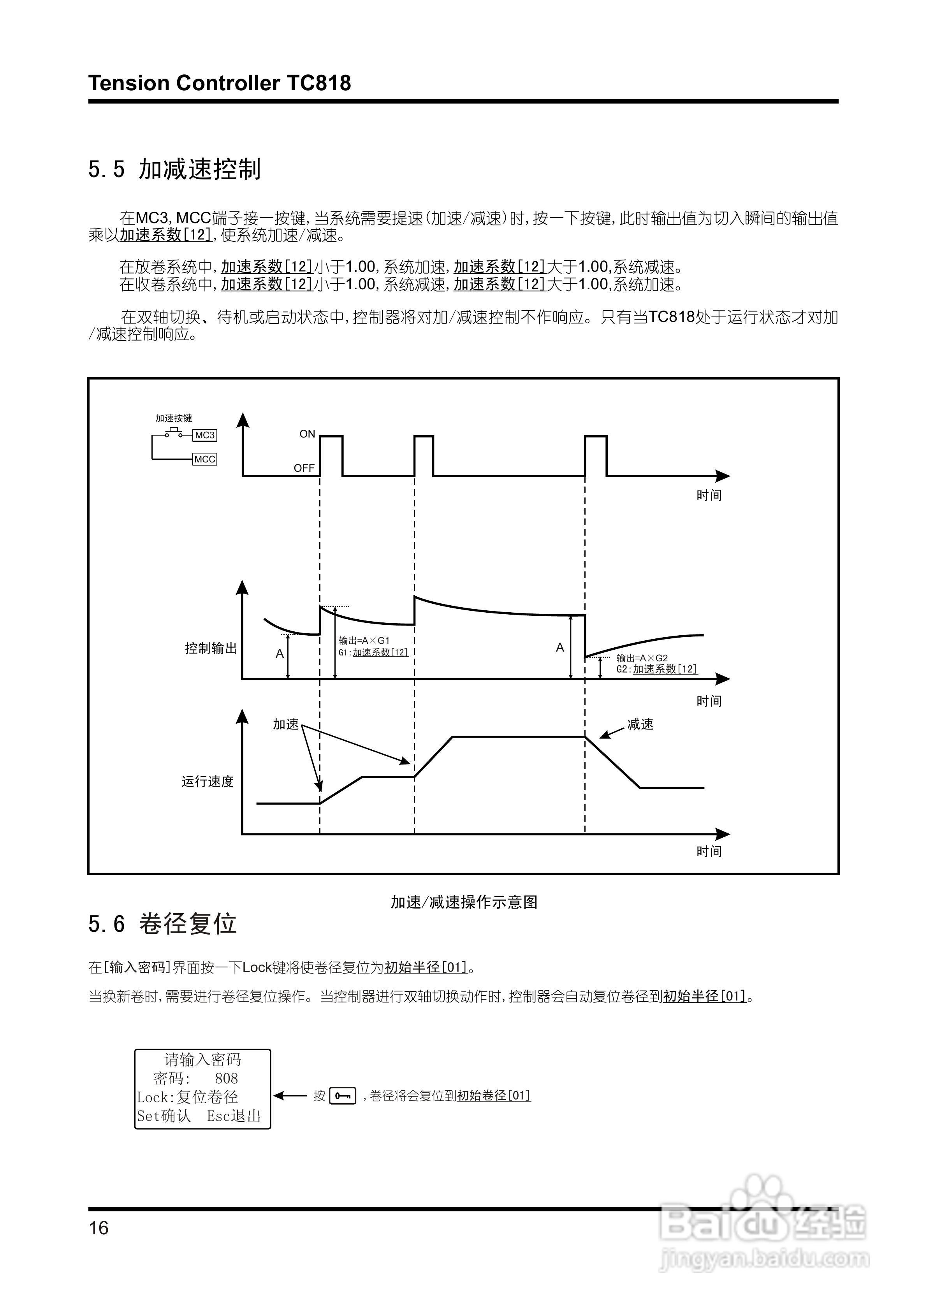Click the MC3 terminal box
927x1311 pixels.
pos(204,435)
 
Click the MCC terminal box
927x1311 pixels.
pos(204,459)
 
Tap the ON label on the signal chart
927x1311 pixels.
pos(307,434)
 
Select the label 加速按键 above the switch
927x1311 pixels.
pos(174,418)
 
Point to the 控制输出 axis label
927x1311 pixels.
pos(211,648)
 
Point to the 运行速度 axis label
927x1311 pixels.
pos(208,781)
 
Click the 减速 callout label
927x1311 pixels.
pos(640,724)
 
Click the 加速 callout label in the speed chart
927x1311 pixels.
pos(286,724)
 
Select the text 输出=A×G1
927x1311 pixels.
pos(364,641)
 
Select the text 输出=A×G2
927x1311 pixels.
pos(642,658)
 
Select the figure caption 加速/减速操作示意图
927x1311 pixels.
pos(464,902)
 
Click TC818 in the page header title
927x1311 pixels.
pos(319,83)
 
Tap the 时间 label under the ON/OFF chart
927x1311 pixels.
pos(709,496)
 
